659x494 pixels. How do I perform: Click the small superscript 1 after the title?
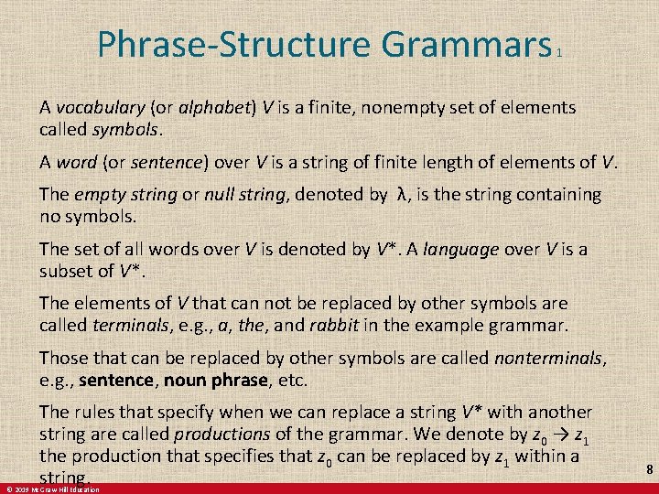point(558,54)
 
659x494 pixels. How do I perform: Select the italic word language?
point(461,249)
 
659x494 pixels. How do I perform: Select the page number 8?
point(649,469)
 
